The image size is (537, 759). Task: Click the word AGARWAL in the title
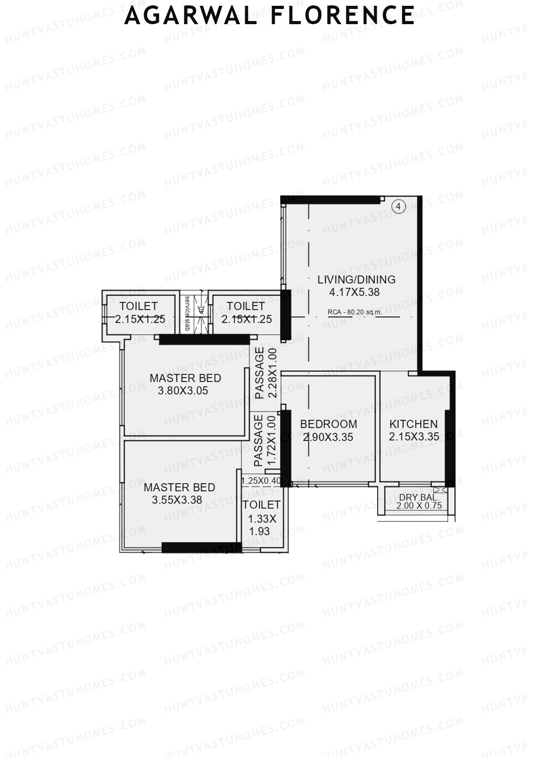click(191, 16)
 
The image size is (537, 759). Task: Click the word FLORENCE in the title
click(343, 16)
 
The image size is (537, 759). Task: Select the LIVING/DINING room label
click(356, 280)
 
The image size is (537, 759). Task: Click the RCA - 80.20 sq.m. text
click(355, 312)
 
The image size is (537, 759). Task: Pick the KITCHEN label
click(413, 424)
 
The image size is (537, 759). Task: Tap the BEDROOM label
click(328, 424)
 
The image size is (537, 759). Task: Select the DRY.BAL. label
click(419, 497)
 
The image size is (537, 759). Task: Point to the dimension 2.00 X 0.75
click(419, 505)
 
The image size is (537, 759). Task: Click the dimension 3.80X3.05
click(183, 390)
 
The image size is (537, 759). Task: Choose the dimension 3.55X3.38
click(177, 500)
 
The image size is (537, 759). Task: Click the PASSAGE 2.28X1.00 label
click(266, 373)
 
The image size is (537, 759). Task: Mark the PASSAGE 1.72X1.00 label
click(264, 441)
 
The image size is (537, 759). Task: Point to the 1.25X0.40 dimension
click(261, 481)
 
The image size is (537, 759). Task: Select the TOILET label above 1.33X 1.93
click(261, 505)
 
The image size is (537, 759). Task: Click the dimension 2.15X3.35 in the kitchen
click(414, 437)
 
